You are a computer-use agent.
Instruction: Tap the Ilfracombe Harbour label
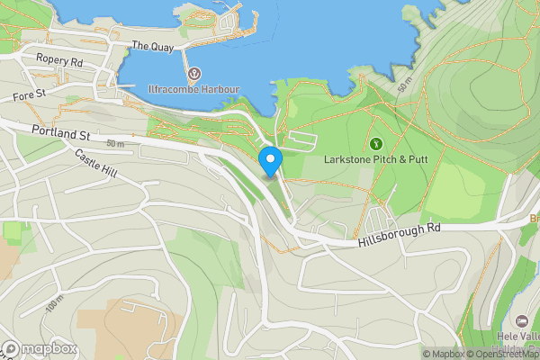click(x=193, y=89)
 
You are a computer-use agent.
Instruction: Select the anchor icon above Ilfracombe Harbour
click(x=193, y=72)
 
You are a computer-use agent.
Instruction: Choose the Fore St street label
click(x=30, y=94)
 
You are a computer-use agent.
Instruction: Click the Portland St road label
click(x=60, y=133)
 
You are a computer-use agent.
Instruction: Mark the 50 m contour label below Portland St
click(x=115, y=144)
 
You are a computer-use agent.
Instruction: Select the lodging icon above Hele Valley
click(x=522, y=321)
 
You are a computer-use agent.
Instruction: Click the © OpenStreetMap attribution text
click(x=504, y=354)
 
